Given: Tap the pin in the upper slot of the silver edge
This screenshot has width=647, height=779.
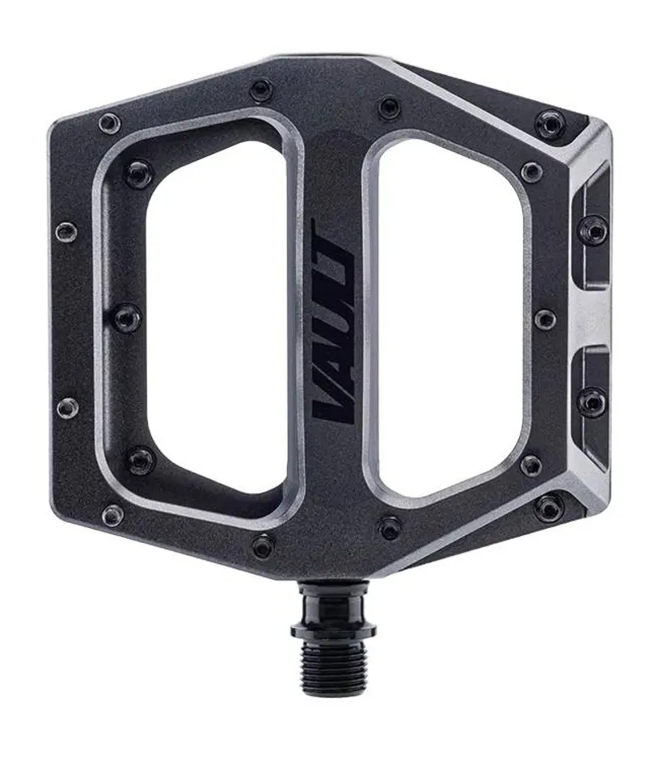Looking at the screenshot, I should pos(593,231).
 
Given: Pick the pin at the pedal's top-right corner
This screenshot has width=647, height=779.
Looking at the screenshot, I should pos(550,124).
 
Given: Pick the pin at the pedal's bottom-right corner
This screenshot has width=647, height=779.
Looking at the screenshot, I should pos(548,507).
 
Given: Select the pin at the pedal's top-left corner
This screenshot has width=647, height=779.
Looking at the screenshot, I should pos(109,123).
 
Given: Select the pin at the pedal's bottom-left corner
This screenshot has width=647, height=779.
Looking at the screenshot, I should pos(112,514).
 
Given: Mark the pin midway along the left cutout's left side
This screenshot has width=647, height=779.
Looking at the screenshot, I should pos(127,318).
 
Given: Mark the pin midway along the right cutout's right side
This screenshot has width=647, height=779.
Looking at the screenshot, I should pos(544,318).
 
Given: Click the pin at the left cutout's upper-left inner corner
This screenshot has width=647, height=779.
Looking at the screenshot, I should pos(138,173).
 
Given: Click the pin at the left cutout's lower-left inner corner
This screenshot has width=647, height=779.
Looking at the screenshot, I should pos(140,461).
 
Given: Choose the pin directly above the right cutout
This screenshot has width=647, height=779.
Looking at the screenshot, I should pos(390,107).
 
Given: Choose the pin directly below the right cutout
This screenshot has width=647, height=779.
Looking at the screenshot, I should pos(390,527).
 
